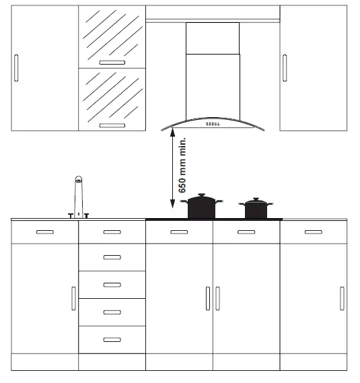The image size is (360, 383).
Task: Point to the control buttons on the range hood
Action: point(212,125)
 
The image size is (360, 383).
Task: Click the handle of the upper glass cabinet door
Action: point(112,62)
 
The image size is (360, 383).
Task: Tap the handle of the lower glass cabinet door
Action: point(112,125)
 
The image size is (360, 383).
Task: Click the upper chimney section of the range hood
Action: point(212,38)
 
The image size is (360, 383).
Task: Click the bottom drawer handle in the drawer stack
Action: point(112,339)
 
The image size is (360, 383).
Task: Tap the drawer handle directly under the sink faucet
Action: point(112,232)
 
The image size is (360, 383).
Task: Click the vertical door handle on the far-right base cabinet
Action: point(342,298)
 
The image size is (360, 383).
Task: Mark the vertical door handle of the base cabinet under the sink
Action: point(73,298)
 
